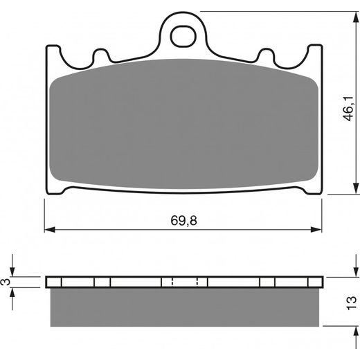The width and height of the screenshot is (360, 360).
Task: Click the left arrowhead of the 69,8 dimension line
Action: click(49, 228)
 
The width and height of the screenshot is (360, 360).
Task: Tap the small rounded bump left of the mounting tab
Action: click(101, 55)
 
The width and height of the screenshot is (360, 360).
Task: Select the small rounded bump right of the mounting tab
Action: click(266, 55)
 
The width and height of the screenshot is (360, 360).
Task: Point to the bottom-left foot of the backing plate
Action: click(54, 189)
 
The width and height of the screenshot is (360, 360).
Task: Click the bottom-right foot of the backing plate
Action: click(313, 189)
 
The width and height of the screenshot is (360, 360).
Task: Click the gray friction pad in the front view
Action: click(183, 125)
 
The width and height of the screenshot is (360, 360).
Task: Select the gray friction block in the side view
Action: click(183, 307)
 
